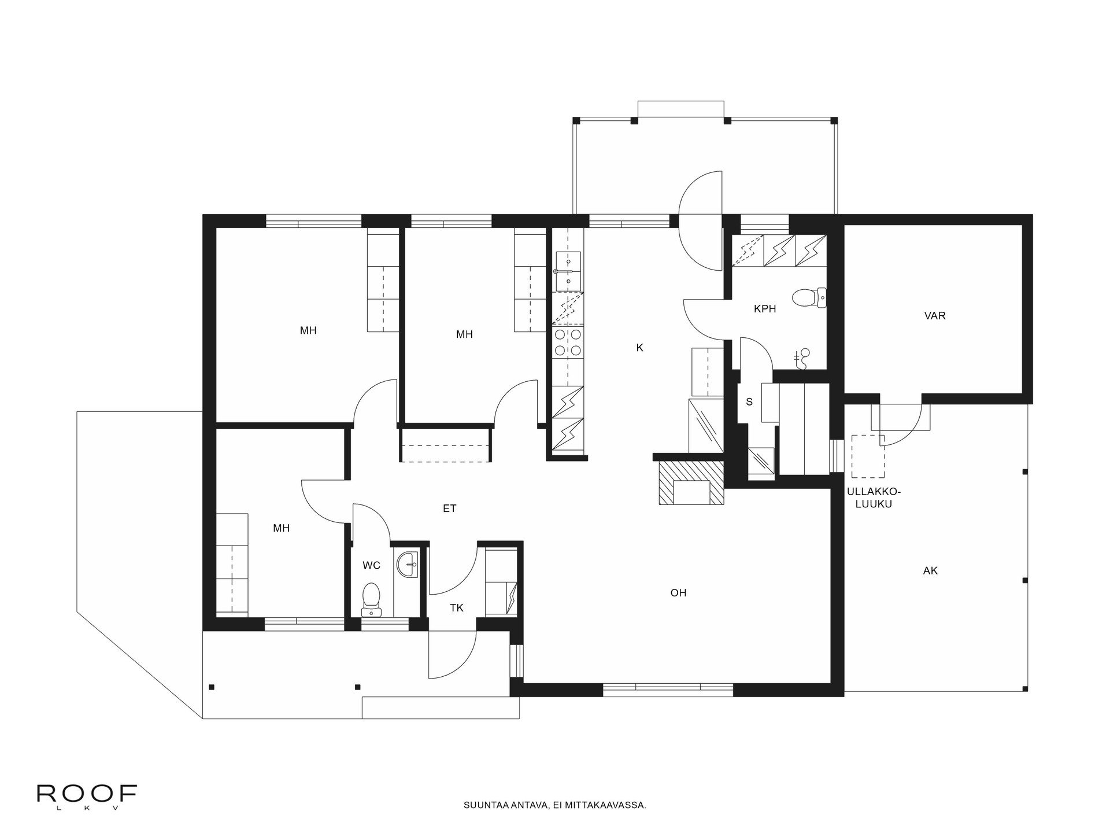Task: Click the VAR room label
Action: [935, 316]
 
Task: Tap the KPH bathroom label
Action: [765, 309]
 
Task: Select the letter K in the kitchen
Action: [639, 348]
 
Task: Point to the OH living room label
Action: [678, 592]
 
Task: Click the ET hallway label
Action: [449, 508]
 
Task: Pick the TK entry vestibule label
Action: [457, 607]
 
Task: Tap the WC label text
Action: [371, 565]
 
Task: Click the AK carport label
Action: [930, 570]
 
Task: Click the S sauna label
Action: [749, 401]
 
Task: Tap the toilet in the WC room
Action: [371, 599]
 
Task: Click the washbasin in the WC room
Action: [409, 564]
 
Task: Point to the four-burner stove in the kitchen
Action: [568, 342]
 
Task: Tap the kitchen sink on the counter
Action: [568, 272]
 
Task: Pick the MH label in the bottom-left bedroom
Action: [282, 528]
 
